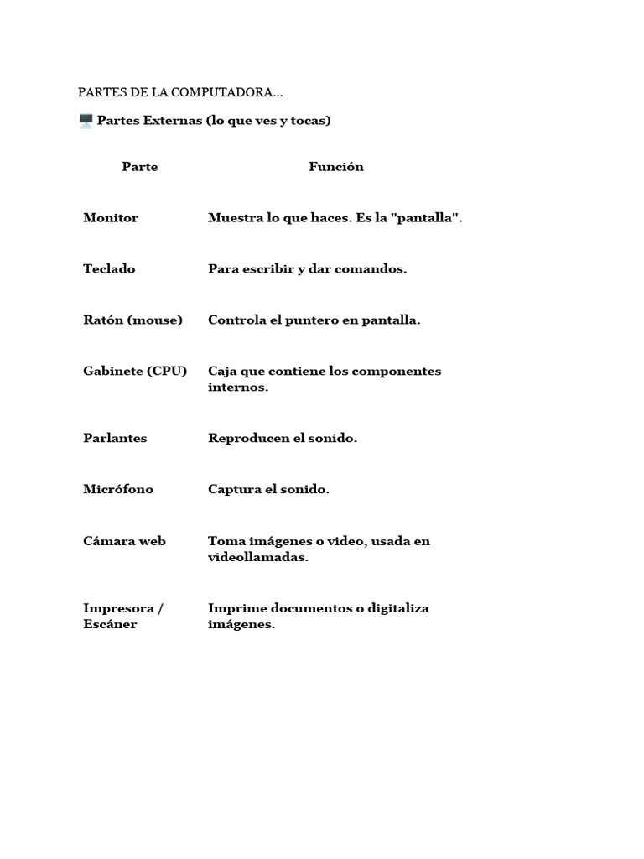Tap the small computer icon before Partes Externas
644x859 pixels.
pyautogui.click(x=86, y=121)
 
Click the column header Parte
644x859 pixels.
pyautogui.click(x=140, y=167)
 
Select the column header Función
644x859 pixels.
pyautogui.click(x=336, y=167)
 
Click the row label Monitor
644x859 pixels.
pyautogui.click(x=111, y=218)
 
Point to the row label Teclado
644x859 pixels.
pyautogui.click(x=109, y=269)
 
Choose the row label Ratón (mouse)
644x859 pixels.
pyautogui.click(x=132, y=320)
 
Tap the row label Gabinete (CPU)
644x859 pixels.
pyautogui.click(x=135, y=371)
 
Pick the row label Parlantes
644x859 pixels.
pyautogui.click(x=115, y=439)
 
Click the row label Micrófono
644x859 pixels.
pyautogui.click(x=118, y=490)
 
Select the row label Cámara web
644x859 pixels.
pyautogui.click(x=124, y=541)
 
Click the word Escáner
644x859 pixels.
pyautogui.click(x=110, y=625)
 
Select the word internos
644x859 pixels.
pyautogui.click(x=238, y=388)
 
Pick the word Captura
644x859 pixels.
pyautogui.click(x=234, y=490)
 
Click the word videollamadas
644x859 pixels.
pyautogui.click(x=258, y=558)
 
